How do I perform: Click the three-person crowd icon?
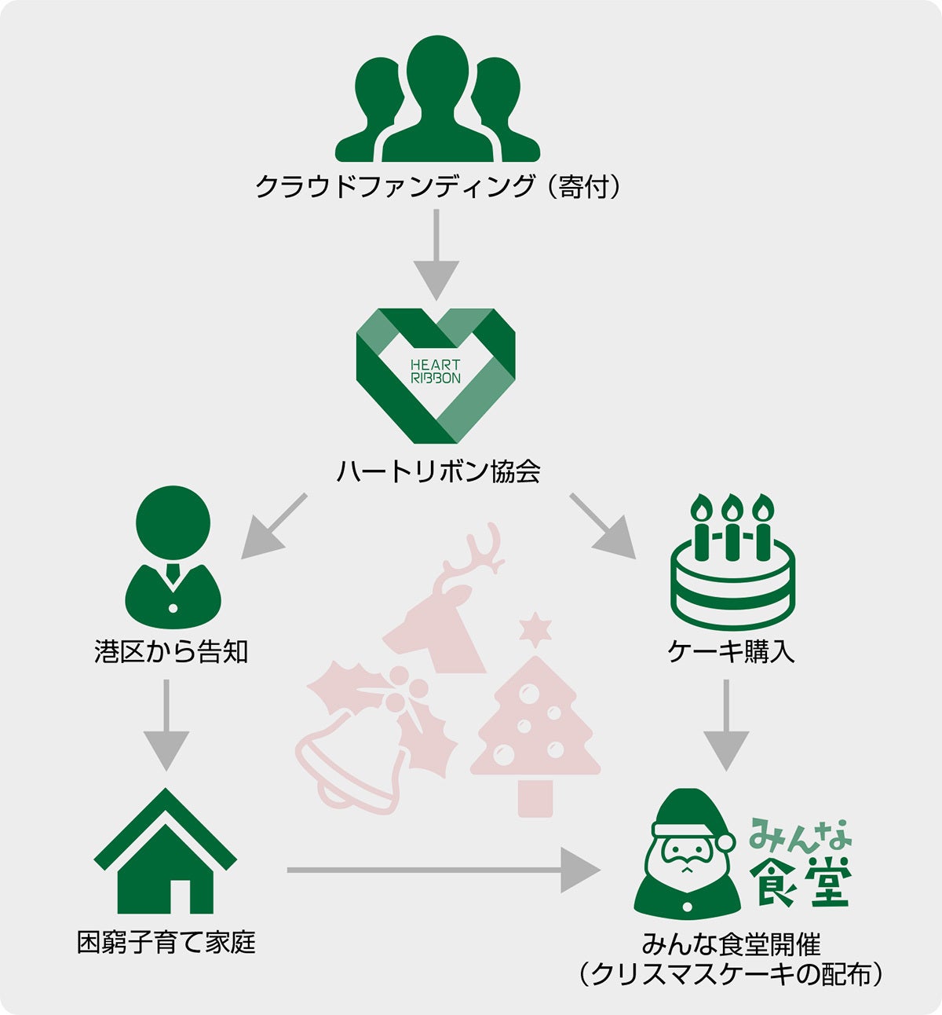coord(437,99)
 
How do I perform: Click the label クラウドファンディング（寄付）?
coord(438,186)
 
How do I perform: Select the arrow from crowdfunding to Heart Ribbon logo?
coord(436,255)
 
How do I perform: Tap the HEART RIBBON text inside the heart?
coord(435,372)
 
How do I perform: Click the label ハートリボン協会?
coord(438,471)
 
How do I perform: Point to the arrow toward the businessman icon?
coord(274,526)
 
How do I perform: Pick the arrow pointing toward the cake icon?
coord(603,526)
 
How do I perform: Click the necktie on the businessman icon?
coord(173,573)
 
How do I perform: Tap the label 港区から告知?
coord(171,651)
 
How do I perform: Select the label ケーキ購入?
coord(731,651)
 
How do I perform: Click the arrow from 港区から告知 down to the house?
coord(166,725)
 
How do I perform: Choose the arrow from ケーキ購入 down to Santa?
coord(726,725)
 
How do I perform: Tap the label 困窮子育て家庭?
coord(166,943)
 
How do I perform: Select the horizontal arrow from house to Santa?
coord(444,870)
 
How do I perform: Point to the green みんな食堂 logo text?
coord(801,862)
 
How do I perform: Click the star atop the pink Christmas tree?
coord(535,629)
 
